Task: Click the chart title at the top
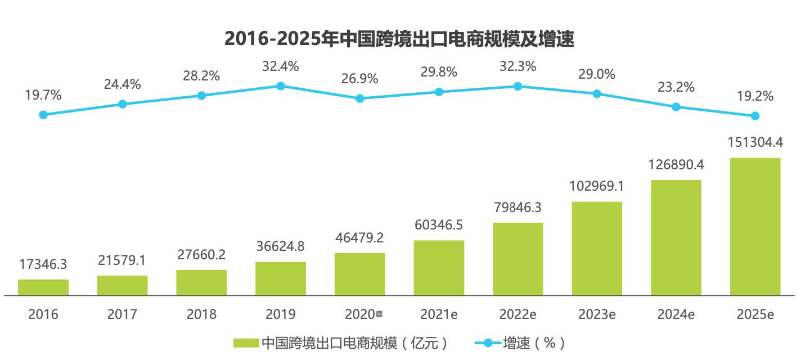tap(399, 38)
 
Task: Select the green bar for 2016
tap(43, 287)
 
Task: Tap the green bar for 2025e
tap(755, 226)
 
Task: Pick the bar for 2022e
tap(517, 259)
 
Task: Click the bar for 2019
tap(281, 278)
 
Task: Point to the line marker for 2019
tap(281, 85)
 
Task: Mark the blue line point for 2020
tap(360, 98)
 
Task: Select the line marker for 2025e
tap(755, 116)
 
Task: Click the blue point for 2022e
tap(517, 86)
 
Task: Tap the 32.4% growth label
tap(281, 66)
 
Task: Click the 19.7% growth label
tap(43, 94)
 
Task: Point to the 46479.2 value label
tap(360, 238)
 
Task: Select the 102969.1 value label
tap(597, 186)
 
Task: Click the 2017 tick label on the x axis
tap(122, 314)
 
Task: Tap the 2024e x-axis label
tap(676, 314)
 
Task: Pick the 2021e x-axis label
tap(439, 314)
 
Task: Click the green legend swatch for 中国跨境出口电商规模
tap(246, 343)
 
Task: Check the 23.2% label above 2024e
tap(676, 87)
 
